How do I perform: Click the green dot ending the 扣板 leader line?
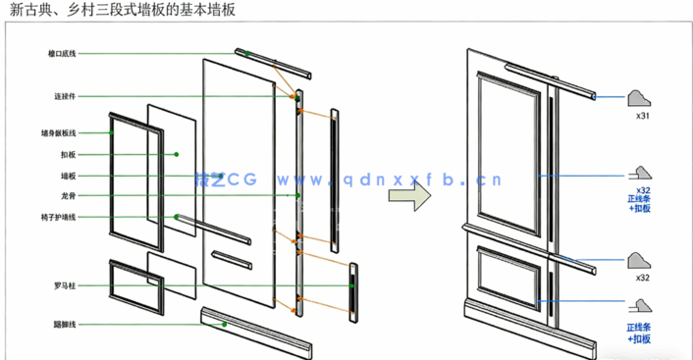[x=177, y=154]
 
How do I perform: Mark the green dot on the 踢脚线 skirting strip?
[x=224, y=323]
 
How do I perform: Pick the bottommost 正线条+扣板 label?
[x=643, y=334]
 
